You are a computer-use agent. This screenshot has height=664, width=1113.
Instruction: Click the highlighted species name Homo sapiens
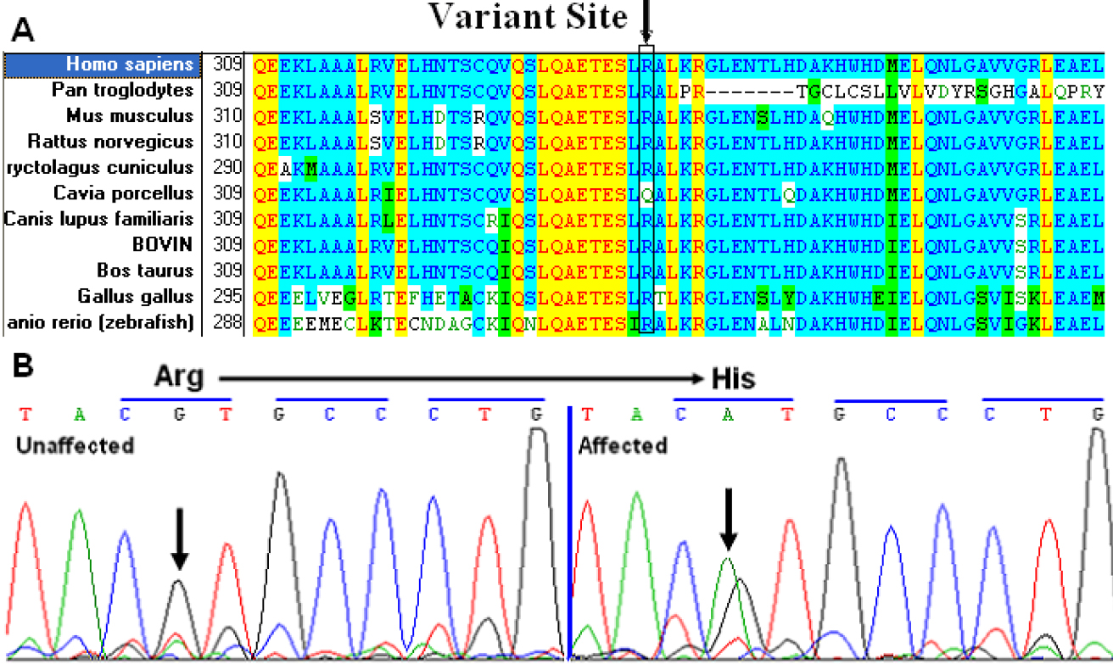130,64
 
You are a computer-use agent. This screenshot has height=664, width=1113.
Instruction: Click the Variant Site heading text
527,16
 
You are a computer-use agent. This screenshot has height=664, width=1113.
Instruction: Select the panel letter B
24,366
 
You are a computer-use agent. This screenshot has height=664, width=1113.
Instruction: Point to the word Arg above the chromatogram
179,377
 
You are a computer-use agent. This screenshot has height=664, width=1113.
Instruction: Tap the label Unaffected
75,444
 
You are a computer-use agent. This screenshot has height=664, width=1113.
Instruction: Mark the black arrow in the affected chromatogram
728,518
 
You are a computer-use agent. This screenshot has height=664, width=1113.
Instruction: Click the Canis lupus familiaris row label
98,220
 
